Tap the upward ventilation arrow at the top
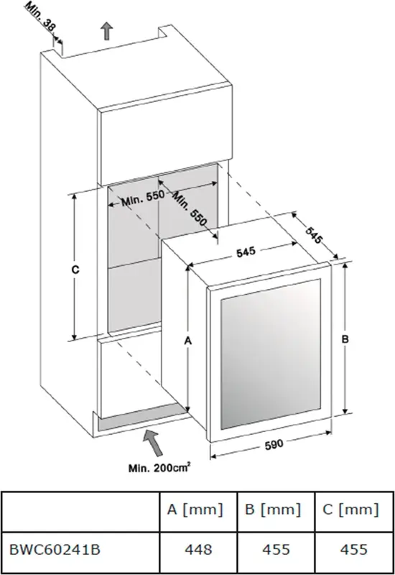106,31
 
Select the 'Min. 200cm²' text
159,468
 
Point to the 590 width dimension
274,444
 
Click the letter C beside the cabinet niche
75,270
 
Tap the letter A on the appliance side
188,341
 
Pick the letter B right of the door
345,339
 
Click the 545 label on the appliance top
246,252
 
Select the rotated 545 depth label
314,235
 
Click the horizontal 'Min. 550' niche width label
143,198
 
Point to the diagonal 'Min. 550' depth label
190,208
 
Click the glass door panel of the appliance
271,354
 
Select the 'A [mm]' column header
195,510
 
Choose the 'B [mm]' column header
273,510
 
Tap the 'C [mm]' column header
350,510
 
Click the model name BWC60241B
55,550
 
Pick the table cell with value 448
198,550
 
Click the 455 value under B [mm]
276,550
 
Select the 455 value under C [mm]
353,550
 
